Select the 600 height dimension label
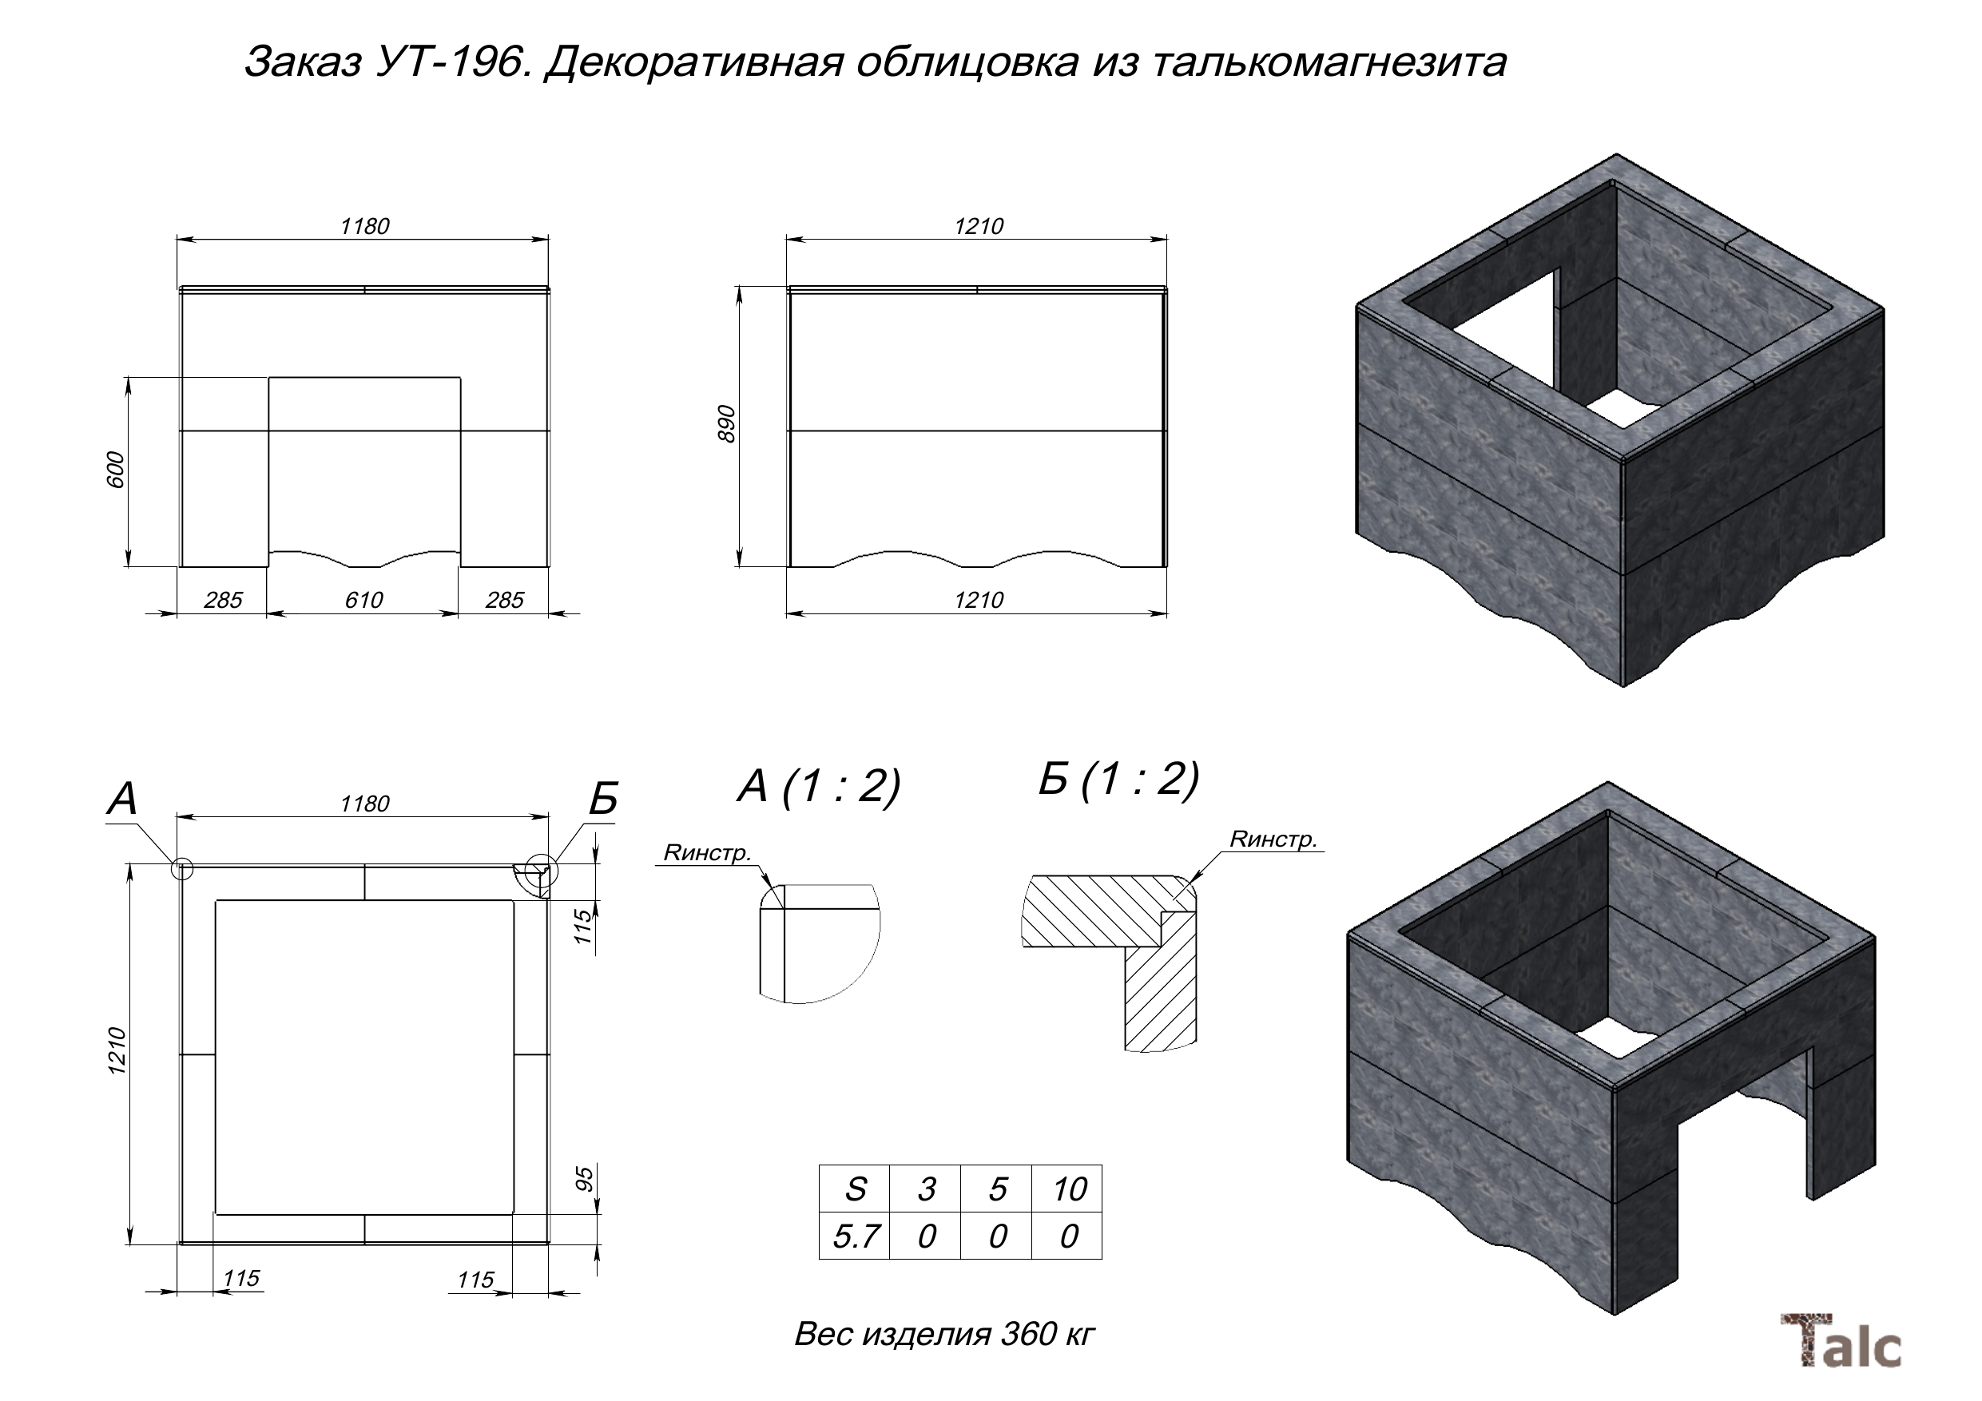click(x=116, y=470)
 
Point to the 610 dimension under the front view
click(x=363, y=600)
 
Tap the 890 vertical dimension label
click(x=727, y=424)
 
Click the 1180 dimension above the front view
click(x=364, y=226)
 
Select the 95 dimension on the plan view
click(x=586, y=1179)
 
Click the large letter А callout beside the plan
click(x=122, y=799)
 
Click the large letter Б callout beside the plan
click(x=603, y=799)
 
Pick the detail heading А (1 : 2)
click(x=818, y=785)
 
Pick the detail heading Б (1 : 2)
click(x=1118, y=780)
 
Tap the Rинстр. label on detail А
click(x=707, y=853)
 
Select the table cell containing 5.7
click(x=855, y=1236)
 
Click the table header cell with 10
click(x=1068, y=1189)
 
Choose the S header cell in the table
click(x=855, y=1189)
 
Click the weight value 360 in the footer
click(x=1028, y=1334)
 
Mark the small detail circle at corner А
click(x=181, y=868)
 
